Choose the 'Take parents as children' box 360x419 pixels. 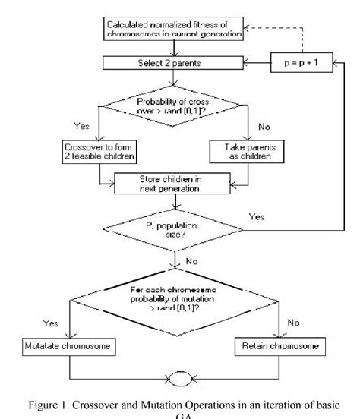[248, 150]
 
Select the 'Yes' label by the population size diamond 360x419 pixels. [258, 216]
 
